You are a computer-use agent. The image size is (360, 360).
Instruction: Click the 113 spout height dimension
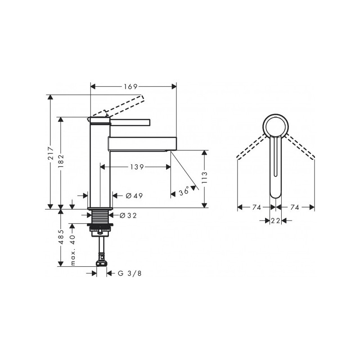point(205,179)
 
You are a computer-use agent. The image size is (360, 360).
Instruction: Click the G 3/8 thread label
point(126,273)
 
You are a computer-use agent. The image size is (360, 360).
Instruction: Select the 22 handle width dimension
point(275,220)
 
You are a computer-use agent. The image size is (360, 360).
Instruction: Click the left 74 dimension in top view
point(256,207)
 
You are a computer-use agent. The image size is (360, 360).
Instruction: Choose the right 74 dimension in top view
point(295,207)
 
